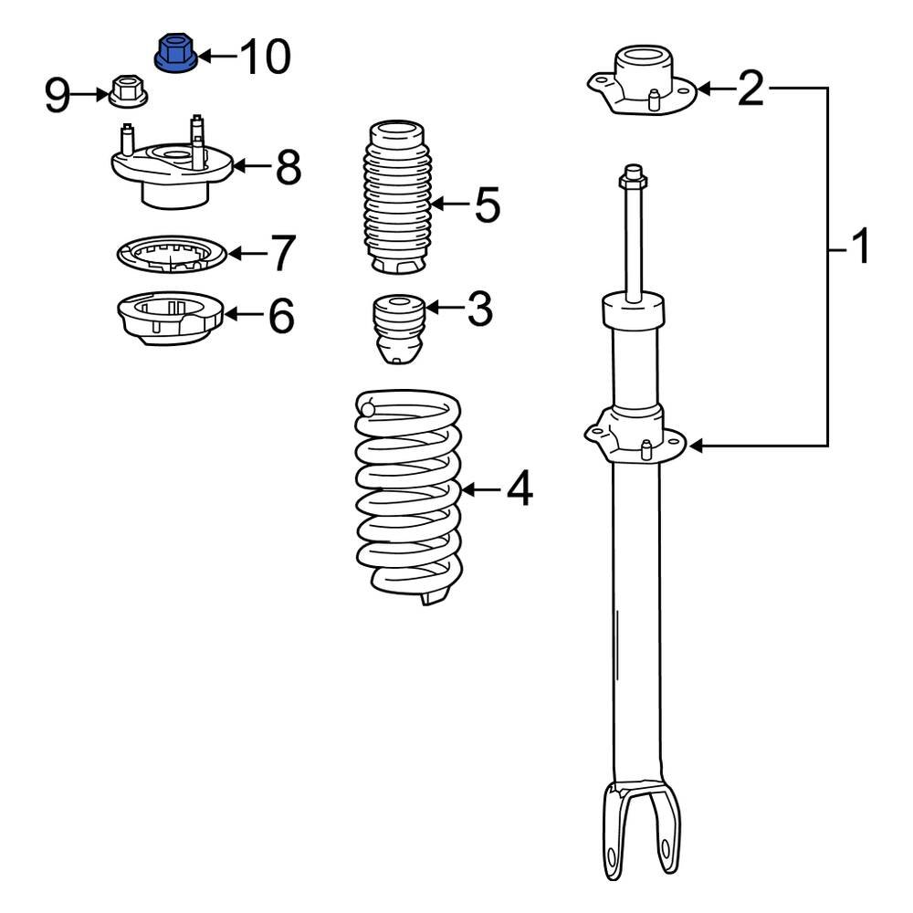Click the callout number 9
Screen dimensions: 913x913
pos(58,95)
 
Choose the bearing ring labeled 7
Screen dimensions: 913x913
pos(173,253)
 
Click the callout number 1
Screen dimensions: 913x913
pos(859,247)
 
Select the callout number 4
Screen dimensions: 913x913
pos(518,490)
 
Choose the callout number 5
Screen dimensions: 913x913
pos(488,205)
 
